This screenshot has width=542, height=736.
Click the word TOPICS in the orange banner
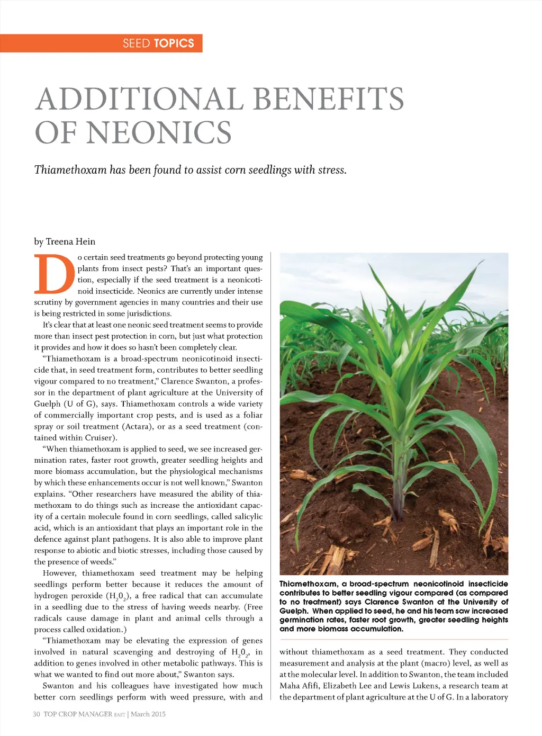click(x=174, y=43)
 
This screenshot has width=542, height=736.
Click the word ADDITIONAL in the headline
click(x=140, y=100)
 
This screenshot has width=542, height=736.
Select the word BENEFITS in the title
click(x=328, y=100)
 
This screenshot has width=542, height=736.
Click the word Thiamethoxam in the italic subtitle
click(x=70, y=170)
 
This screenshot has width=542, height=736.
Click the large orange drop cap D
click(x=54, y=274)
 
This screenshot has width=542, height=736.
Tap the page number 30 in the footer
click(x=37, y=714)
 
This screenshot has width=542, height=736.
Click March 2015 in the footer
click(x=148, y=714)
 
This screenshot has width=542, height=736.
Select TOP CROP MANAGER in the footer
click(x=78, y=714)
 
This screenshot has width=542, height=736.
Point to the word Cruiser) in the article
click(x=101, y=437)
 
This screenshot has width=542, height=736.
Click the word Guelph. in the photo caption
click(x=294, y=611)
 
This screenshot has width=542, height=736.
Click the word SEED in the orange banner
click(x=136, y=43)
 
